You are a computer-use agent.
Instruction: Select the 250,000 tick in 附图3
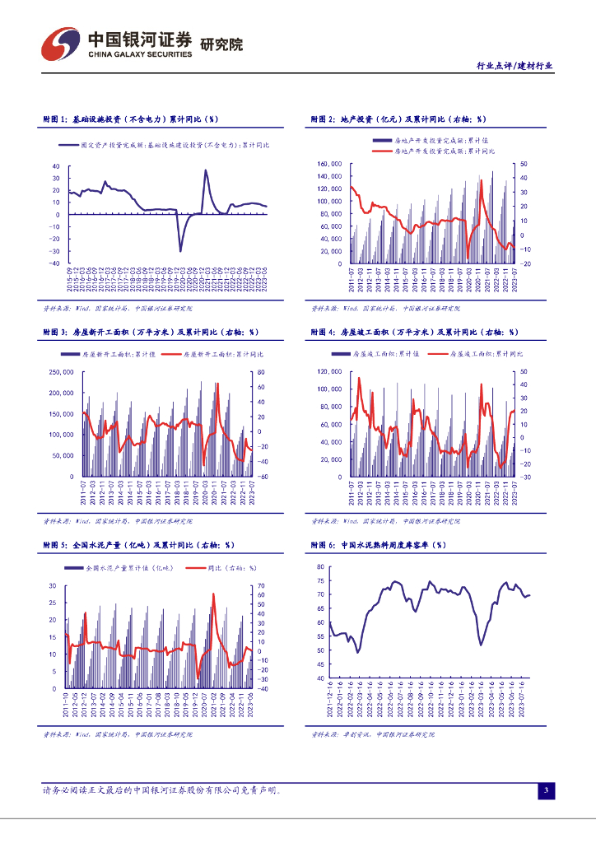click(62, 372)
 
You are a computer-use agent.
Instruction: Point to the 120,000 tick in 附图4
click(329, 372)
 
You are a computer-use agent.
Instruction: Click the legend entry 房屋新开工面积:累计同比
click(218, 355)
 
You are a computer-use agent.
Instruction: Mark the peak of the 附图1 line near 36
click(206, 170)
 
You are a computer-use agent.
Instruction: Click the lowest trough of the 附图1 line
click(180, 250)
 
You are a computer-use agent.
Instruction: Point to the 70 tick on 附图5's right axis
click(260, 585)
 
